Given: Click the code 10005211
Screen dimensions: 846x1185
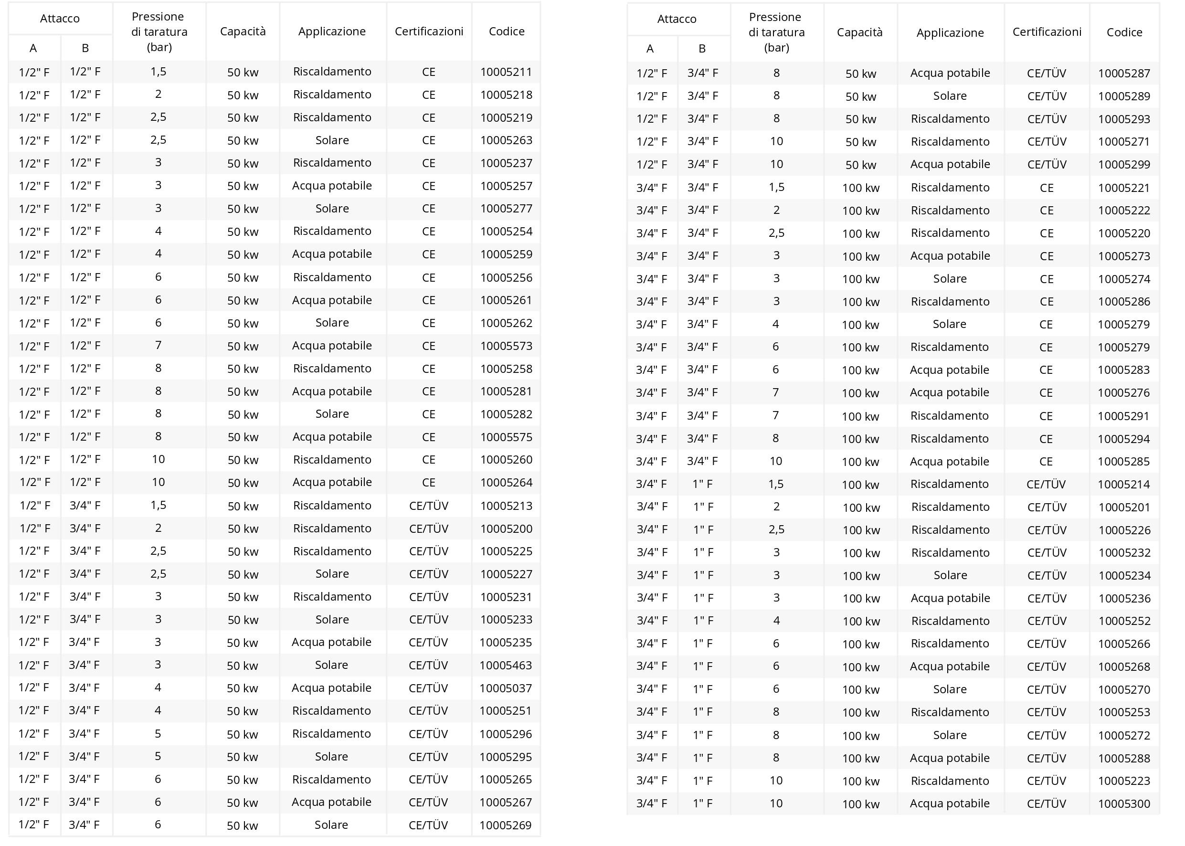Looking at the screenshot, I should [506, 72].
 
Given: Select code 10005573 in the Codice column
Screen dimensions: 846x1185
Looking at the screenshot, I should [506, 346].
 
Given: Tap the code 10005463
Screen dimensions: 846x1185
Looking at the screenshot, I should [505, 665].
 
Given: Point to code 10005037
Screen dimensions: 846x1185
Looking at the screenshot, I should [505, 688].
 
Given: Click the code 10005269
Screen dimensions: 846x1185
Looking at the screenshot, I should [505, 825].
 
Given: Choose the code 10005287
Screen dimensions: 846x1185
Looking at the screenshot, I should [1123, 74].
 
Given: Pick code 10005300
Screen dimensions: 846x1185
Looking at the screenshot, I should [1124, 804].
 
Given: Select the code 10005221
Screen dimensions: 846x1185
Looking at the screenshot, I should [1123, 188].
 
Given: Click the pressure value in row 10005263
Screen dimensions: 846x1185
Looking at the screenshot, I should [159, 140].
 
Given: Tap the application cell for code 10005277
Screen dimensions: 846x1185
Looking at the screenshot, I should [332, 208].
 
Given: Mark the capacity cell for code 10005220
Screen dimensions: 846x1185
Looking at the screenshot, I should [860, 233].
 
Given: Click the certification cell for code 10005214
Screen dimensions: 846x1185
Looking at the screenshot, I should [1046, 485].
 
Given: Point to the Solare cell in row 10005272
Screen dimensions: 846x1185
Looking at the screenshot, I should [950, 735].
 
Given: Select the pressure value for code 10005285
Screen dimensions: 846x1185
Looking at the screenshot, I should [775, 462].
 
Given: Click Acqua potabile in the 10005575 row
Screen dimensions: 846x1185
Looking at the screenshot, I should [332, 437].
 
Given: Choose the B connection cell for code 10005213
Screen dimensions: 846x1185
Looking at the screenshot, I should [85, 505].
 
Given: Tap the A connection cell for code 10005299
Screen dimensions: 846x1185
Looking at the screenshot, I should [651, 165].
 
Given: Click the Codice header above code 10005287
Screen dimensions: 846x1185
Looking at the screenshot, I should [1124, 32].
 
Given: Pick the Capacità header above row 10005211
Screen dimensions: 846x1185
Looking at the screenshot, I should [243, 31].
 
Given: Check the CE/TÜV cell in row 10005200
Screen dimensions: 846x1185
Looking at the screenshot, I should [429, 529].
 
